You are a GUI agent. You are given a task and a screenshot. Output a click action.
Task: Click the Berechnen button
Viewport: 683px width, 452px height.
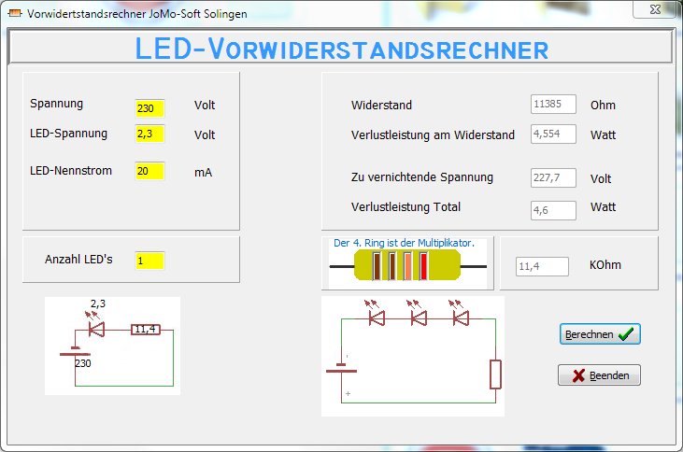tap(600, 333)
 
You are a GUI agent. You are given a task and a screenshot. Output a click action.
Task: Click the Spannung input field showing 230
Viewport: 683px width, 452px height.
tap(149, 108)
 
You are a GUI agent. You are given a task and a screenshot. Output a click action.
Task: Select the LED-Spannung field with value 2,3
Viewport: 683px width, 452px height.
tap(149, 134)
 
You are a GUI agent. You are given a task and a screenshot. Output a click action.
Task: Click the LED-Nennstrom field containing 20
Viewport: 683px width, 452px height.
tap(149, 171)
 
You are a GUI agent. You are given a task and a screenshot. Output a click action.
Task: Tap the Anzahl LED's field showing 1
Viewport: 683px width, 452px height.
tap(149, 260)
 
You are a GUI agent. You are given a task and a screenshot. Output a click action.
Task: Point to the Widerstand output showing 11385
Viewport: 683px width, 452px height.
tap(553, 105)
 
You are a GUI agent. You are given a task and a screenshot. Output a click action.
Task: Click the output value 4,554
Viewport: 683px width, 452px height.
tap(553, 134)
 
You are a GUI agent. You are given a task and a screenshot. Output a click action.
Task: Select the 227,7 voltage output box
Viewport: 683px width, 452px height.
tap(553, 177)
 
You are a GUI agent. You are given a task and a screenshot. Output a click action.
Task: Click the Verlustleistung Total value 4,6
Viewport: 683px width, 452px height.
tap(553, 210)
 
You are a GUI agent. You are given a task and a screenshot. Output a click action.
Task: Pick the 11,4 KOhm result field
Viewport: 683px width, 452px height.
tap(542, 266)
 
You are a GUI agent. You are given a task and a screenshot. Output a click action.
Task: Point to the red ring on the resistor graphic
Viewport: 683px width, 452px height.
tap(423, 266)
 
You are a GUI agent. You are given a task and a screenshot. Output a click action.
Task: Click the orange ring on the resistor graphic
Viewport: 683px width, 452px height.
tap(408, 266)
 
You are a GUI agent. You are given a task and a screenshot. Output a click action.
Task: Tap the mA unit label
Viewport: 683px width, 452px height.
tap(204, 172)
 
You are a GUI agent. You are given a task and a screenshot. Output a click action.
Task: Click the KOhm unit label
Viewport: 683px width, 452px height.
tap(605, 265)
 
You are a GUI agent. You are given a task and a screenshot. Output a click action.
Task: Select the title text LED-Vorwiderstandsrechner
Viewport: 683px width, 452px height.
tap(341, 49)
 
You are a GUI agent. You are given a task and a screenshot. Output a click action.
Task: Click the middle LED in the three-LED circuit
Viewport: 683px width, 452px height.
tap(420, 318)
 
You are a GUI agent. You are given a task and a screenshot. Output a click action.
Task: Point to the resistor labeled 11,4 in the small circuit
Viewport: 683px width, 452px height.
tap(145, 330)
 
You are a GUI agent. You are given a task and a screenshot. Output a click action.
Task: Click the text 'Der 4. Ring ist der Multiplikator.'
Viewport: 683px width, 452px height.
tap(404, 243)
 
